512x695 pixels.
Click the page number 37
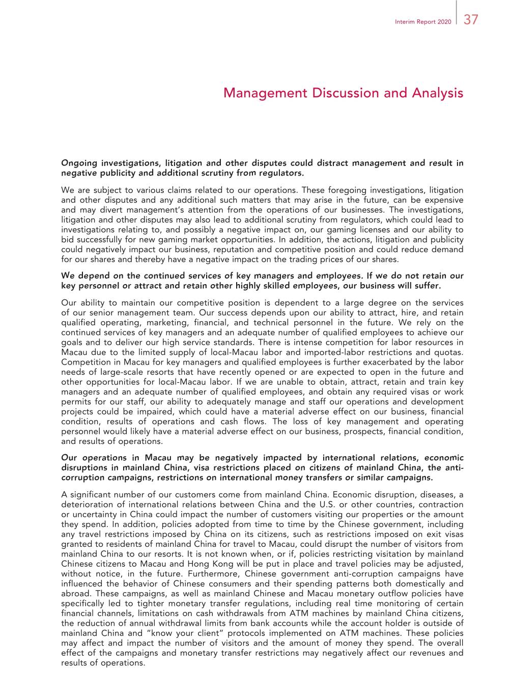470,20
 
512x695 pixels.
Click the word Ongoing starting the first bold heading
79,163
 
